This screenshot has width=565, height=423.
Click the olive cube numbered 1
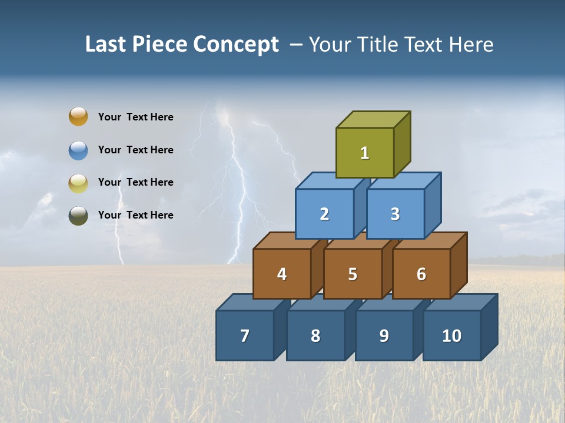[x=365, y=153]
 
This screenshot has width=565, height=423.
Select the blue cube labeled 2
[x=324, y=214]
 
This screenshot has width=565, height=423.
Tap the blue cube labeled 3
[x=395, y=214]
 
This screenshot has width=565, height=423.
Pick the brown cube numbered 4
[x=282, y=274]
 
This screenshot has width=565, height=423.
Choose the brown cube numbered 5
[x=353, y=274]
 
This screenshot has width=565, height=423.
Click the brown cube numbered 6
[x=421, y=274]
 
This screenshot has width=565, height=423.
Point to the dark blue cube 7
[x=245, y=335]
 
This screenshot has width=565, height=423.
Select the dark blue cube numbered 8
[x=315, y=335]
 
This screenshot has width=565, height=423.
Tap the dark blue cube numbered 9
[x=384, y=335]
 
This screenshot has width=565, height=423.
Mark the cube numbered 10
[x=451, y=335]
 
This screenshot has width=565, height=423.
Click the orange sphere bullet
[x=78, y=116]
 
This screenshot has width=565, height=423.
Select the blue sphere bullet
[x=78, y=150]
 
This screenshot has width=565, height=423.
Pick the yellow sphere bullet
[x=78, y=183]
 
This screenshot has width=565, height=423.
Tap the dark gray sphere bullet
[x=78, y=215]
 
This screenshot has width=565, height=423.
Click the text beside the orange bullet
[x=135, y=117]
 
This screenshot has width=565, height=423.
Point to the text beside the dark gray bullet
[x=135, y=215]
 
